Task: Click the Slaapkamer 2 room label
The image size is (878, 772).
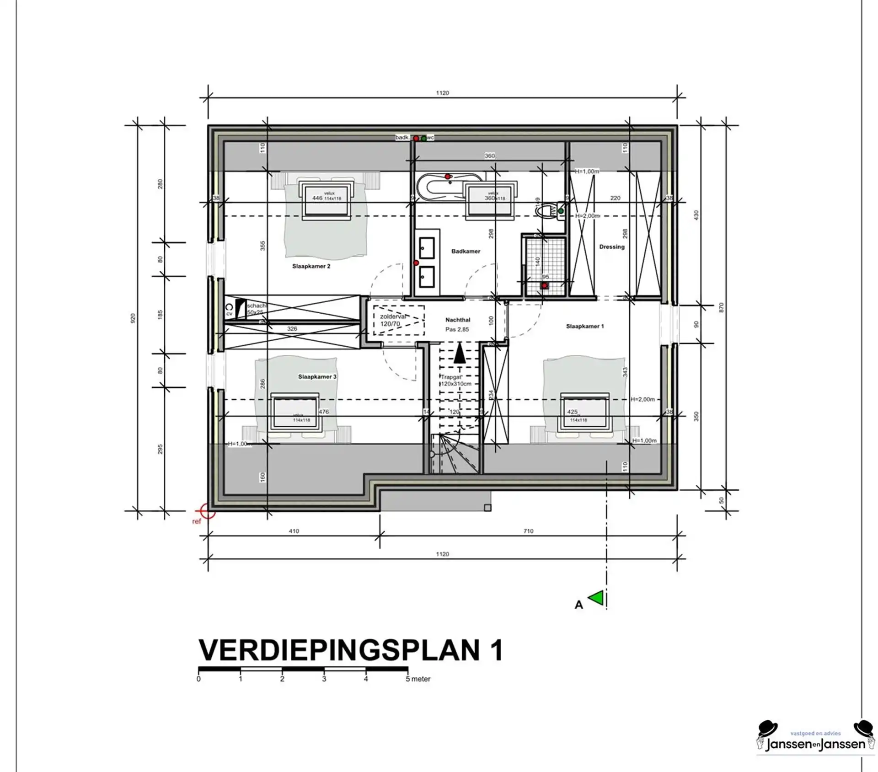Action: coord(311,266)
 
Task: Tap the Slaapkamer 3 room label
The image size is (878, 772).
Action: coord(317,377)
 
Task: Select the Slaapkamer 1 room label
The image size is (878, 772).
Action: coord(585,327)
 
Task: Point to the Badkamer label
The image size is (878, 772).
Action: coord(466,251)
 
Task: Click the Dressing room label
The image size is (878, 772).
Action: coord(611,247)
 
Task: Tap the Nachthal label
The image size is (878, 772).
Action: coord(458,320)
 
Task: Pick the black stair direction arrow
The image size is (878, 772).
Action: coord(460,354)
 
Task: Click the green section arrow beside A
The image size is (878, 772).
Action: coord(596,598)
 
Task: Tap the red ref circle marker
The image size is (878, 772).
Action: coord(207,511)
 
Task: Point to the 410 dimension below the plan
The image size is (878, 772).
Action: coord(294,531)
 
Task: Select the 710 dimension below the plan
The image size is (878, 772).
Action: coord(528,531)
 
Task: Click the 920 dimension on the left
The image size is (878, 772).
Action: coord(133,318)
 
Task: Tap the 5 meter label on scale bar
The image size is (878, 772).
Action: coord(418,679)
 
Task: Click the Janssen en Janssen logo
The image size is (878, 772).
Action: coord(815,743)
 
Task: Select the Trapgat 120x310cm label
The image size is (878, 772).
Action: coord(455,381)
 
